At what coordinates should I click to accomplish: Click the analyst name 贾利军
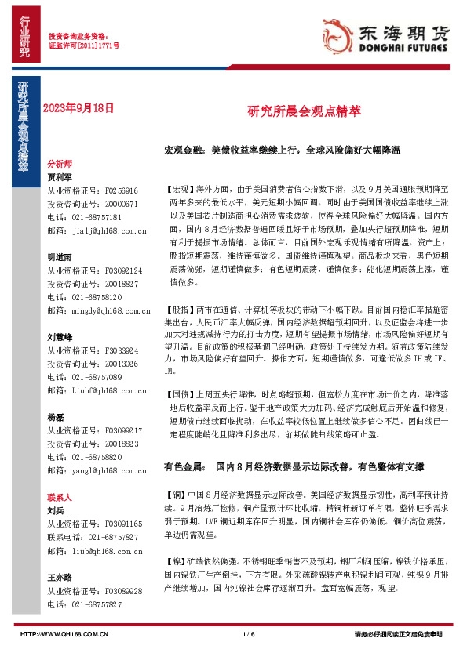coord(60,177)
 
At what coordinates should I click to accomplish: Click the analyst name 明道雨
coord(60,256)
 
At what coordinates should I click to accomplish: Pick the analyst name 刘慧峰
coord(60,336)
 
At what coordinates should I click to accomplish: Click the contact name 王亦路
coord(60,576)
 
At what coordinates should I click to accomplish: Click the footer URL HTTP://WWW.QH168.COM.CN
coord(63,633)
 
